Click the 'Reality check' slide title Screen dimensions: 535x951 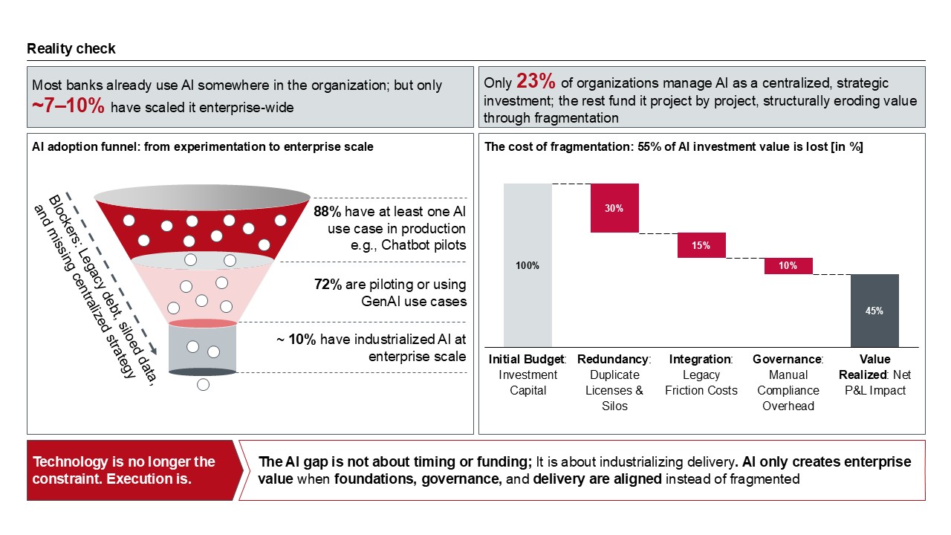71,49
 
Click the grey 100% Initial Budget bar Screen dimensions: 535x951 528,265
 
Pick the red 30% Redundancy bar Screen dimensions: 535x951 614,208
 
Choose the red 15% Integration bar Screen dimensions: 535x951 701,245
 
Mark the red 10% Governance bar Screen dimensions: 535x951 788,265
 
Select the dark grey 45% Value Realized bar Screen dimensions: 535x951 874,310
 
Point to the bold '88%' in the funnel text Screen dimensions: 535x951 327,212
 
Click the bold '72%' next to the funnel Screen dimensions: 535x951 327,285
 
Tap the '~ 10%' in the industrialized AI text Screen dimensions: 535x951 296,340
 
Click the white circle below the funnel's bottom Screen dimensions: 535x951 203,385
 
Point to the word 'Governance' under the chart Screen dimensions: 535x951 787,360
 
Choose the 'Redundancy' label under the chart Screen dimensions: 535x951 613,360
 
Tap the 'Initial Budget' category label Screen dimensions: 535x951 527,360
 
